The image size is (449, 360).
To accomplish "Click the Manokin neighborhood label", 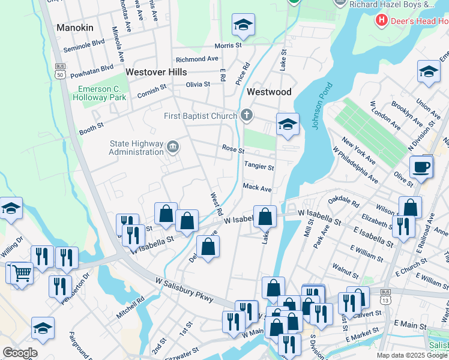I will pos(75,28).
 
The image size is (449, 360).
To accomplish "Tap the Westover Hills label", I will pos(156,71).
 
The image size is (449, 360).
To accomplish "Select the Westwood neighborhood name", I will pos(269,92).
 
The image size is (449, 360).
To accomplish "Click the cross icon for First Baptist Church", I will pos(246,115).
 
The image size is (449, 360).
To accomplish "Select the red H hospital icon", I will pos(381,21).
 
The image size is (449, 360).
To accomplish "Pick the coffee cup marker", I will pos(421,166).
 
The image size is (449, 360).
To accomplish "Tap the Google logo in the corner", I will pos(19,353).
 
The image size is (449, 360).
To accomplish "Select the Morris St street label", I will pos(228,46).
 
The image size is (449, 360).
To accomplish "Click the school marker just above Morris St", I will pos(243,25).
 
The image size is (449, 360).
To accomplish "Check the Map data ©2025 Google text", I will pos(412,355).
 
